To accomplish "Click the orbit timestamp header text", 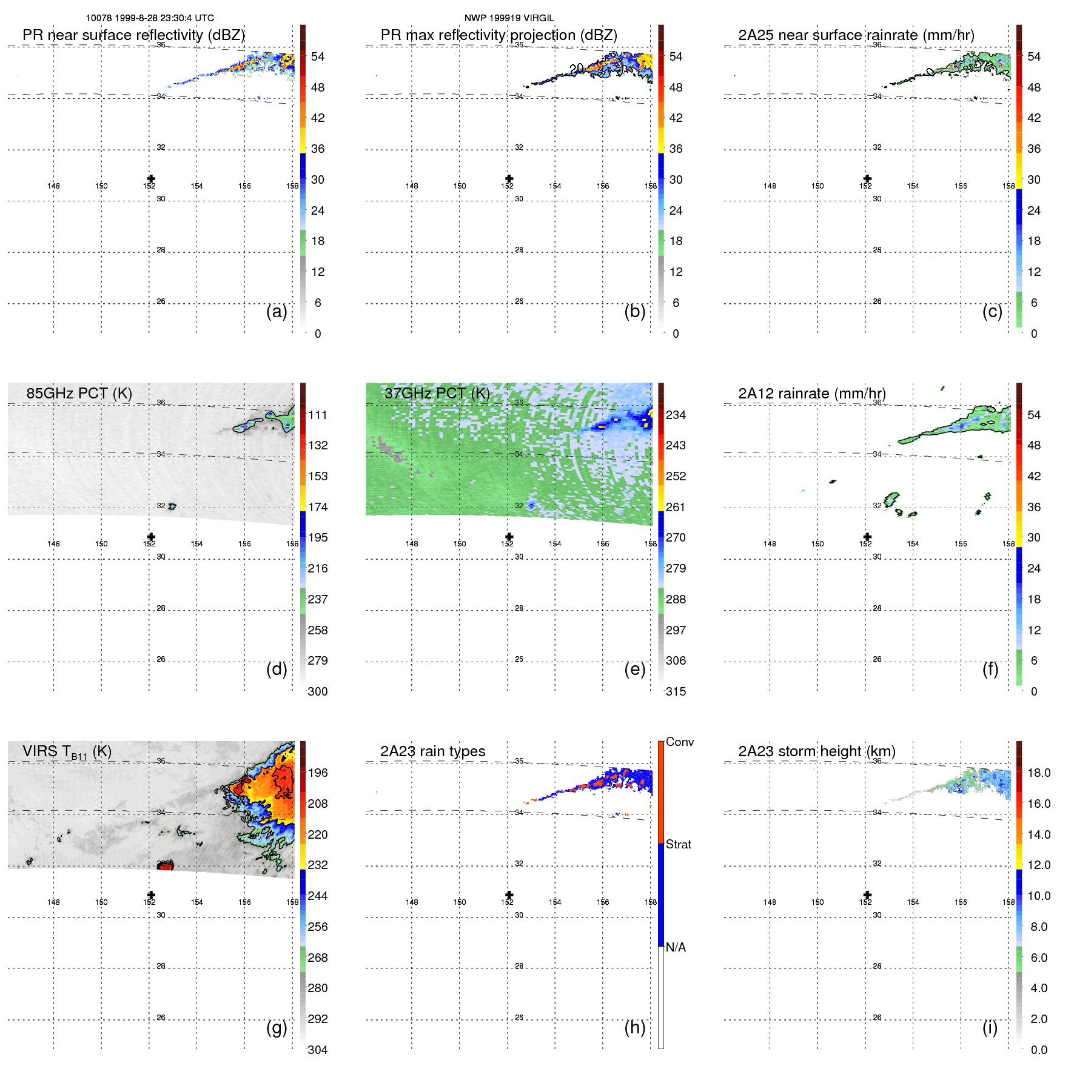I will [x=150, y=18].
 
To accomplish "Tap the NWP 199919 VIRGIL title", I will [x=509, y=18].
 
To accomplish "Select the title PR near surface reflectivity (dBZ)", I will [x=133, y=35].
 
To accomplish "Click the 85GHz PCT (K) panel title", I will [x=79, y=393].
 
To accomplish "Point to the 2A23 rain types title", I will [x=432, y=751].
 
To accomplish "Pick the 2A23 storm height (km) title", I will [x=816, y=751].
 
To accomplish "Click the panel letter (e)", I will [x=634, y=669].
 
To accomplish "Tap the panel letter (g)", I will [x=277, y=1027].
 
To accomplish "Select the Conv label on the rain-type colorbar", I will [x=679, y=742].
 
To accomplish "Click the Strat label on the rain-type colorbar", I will [x=678, y=844].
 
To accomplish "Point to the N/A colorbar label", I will [x=676, y=947].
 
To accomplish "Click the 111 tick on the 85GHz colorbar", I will [x=318, y=415].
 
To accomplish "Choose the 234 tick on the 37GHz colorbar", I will [x=676, y=415].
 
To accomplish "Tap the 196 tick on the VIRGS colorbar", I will [x=318, y=773].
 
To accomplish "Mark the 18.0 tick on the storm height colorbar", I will [x=1038, y=773].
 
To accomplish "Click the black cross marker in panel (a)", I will [x=151, y=179].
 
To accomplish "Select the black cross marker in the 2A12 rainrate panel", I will [x=867, y=537].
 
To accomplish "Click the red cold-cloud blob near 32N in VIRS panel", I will [x=165, y=866].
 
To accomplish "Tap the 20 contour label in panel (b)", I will [x=577, y=69].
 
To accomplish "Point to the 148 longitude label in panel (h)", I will [x=412, y=902].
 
